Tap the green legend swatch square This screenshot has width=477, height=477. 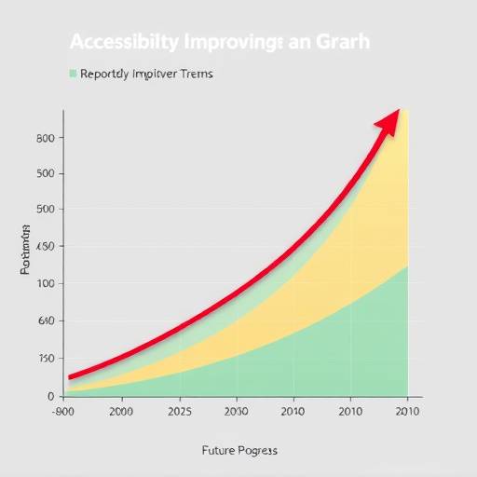point(73,73)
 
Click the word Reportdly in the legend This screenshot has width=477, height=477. point(107,73)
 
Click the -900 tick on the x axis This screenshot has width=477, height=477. point(63,411)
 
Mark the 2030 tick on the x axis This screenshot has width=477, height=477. point(237,411)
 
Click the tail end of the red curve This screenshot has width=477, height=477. point(72,376)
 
